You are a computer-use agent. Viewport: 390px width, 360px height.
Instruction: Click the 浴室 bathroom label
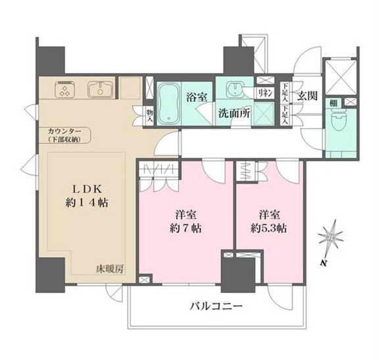(197, 97)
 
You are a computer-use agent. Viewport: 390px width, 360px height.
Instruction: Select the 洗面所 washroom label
(234, 113)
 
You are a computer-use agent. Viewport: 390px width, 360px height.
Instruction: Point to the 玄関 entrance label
(307, 95)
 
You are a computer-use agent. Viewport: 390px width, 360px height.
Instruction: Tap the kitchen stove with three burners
(66, 89)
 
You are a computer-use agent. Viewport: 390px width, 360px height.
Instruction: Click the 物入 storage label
(149, 116)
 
